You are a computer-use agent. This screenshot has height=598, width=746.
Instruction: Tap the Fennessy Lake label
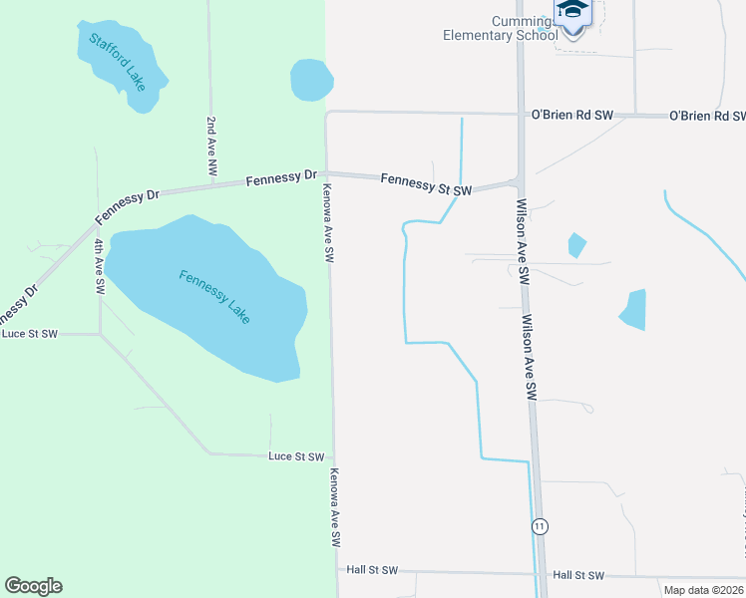[214, 296]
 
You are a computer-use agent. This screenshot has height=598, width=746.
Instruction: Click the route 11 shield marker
[540, 525]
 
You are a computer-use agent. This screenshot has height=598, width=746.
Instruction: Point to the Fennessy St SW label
[426, 183]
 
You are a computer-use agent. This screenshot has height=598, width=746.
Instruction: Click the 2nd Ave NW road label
[211, 147]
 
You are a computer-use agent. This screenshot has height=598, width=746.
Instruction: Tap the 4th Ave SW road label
[99, 265]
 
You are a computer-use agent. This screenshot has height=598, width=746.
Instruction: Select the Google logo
[33, 586]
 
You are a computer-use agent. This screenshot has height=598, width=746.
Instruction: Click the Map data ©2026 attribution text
[703, 590]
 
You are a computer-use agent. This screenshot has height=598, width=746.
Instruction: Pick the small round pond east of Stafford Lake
[311, 81]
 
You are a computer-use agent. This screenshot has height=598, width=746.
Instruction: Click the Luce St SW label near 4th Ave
[30, 334]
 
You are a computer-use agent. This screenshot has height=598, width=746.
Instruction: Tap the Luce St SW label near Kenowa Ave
[296, 456]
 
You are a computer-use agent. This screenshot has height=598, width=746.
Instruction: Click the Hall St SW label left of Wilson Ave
[372, 570]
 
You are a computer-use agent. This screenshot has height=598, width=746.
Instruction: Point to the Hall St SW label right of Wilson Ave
[578, 575]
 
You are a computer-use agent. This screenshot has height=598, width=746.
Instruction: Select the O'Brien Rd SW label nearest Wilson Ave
[571, 115]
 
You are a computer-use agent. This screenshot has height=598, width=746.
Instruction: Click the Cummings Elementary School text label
[500, 29]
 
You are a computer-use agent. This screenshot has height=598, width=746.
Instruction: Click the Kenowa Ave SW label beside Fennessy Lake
[326, 221]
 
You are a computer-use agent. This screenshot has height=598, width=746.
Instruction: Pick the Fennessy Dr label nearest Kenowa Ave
[273, 177]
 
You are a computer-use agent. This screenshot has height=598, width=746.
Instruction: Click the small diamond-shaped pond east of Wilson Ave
[576, 245]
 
